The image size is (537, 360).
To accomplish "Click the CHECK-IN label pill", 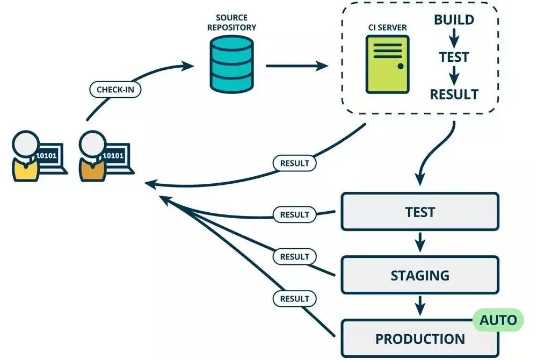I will pos(115,89).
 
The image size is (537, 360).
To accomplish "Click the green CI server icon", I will pos(387,63).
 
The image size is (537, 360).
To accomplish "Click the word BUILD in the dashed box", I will pos(454,20).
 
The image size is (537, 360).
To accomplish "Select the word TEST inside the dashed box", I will pos(454,57).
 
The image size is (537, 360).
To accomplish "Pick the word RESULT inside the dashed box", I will pos(454,95).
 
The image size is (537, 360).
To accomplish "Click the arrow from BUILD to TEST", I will pos(454,38).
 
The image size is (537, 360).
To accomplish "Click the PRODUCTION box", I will pos(420,339).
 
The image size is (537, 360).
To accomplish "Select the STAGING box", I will pos(420,275).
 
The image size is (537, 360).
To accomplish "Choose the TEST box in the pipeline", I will pos(420,212).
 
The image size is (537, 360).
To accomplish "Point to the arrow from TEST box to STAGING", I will pos(420,243).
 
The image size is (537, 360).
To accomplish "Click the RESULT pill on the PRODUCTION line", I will pos(295,298).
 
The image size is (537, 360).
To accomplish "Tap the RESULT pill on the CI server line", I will pos(295,162).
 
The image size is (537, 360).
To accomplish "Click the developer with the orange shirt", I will pos(92,156).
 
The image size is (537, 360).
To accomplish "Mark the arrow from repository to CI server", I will pos(296,66).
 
